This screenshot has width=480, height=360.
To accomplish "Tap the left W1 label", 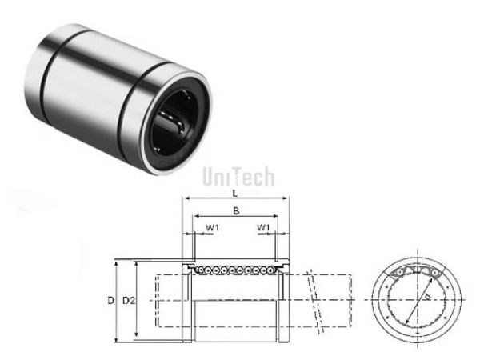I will (x=211, y=228).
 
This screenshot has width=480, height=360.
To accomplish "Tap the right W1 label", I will (x=263, y=228).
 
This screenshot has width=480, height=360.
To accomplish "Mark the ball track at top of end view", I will (x=416, y=274).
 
